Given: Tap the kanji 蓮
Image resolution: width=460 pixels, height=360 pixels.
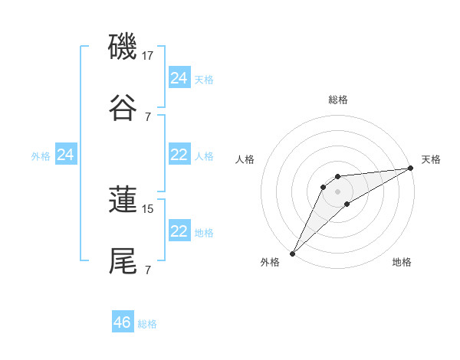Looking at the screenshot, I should [x=123, y=200].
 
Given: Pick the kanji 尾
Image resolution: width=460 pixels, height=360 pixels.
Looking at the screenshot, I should [x=123, y=260].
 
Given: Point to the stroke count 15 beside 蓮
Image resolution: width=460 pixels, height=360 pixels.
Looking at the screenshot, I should [x=149, y=208].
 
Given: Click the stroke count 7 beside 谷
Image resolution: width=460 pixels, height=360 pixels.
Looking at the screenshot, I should [x=148, y=116].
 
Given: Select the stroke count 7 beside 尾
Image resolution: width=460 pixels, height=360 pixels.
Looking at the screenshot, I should [x=148, y=270].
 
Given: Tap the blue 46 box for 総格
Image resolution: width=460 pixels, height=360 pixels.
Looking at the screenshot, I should [x=123, y=322].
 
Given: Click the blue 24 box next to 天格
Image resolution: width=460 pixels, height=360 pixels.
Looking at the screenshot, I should [x=179, y=78].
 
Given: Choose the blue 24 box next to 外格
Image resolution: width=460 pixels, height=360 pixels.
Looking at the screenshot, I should [x=66, y=155].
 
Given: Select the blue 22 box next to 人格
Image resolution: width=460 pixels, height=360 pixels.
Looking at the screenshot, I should [x=179, y=155].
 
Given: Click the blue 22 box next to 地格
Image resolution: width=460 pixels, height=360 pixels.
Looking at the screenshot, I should [x=179, y=231].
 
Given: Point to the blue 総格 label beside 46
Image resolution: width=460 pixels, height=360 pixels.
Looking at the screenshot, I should [x=147, y=324].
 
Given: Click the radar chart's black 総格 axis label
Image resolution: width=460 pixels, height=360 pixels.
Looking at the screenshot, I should [x=338, y=100].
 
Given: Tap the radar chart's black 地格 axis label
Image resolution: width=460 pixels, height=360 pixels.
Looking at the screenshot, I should [x=402, y=263].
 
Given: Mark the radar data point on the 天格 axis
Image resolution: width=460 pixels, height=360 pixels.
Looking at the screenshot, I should [x=410, y=168].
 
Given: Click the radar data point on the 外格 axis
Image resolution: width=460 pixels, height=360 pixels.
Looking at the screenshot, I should [x=292, y=253].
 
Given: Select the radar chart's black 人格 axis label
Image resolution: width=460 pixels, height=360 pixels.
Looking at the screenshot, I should [x=245, y=159].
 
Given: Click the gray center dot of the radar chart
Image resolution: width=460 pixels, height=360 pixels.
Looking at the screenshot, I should [x=338, y=191].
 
